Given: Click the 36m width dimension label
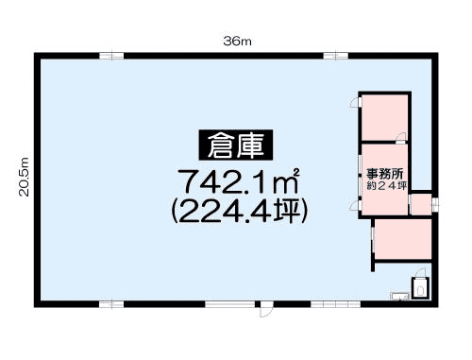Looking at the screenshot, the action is point(237,42).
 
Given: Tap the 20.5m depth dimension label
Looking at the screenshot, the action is point(24,177).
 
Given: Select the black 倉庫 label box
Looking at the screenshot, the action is point(236,145).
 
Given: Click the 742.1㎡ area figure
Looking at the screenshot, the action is point(239,181).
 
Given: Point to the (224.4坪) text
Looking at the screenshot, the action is point(239,212).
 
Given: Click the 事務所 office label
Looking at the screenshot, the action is point(384,174).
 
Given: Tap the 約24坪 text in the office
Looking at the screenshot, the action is point(387,185).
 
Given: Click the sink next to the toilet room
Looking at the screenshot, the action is point(399,296).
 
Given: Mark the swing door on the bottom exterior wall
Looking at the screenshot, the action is point(264,309).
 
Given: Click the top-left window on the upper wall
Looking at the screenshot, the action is point(111,56).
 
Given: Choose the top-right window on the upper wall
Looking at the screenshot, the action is point(336,56).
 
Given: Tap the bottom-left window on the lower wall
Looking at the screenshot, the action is point(111,304).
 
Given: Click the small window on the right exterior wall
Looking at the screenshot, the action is point(435,204).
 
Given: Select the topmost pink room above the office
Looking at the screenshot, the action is point(384,117).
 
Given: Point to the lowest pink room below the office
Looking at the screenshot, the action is point(403,239).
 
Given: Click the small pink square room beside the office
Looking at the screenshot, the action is point(421,204).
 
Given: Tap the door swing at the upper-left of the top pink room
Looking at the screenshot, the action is point(355,103).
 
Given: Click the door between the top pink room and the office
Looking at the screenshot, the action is point(401,138).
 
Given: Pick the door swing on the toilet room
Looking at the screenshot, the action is point(420,273).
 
